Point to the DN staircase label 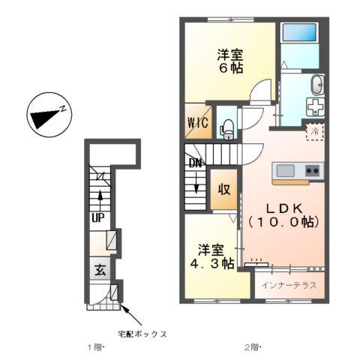(194, 161)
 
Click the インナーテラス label (289, 286)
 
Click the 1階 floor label (95, 347)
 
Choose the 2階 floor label (251, 347)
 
